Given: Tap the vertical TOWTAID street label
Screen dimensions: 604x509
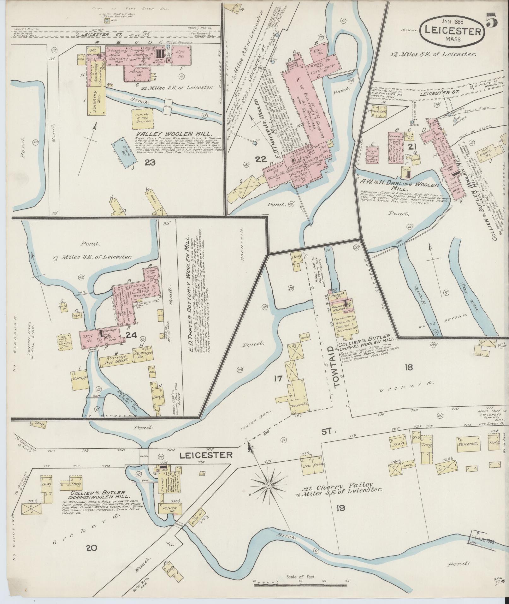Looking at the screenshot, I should coord(336,367).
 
